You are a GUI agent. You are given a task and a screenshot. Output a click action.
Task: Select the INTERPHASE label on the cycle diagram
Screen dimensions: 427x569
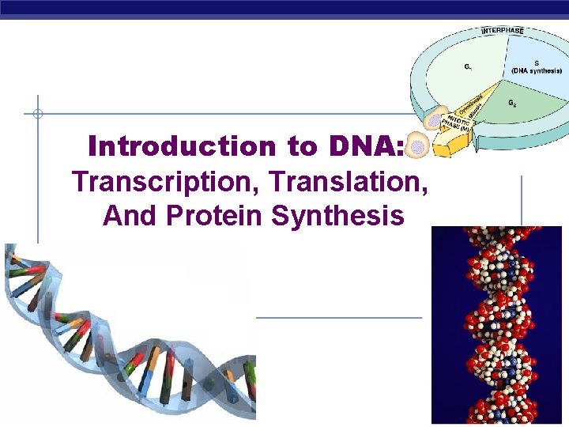[x=503, y=31]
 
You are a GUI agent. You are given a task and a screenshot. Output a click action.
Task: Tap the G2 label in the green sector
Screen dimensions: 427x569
[x=513, y=103]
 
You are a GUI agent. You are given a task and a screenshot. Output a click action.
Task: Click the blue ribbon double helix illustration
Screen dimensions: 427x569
[x=126, y=332]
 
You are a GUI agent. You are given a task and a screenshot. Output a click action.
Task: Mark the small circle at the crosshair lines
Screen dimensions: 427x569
[x=37, y=114]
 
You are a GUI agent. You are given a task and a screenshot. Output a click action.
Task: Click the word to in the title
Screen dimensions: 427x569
[x=294, y=146]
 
